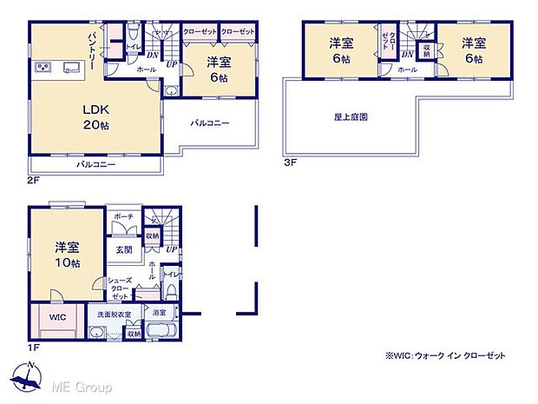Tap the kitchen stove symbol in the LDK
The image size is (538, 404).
[43, 67]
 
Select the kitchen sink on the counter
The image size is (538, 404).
[69, 68]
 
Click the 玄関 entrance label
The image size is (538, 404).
[123, 249]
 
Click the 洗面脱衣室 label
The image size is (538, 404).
[114, 315]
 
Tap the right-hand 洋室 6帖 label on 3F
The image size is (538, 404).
[472, 49]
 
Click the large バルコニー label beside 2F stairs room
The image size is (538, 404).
[210, 123]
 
